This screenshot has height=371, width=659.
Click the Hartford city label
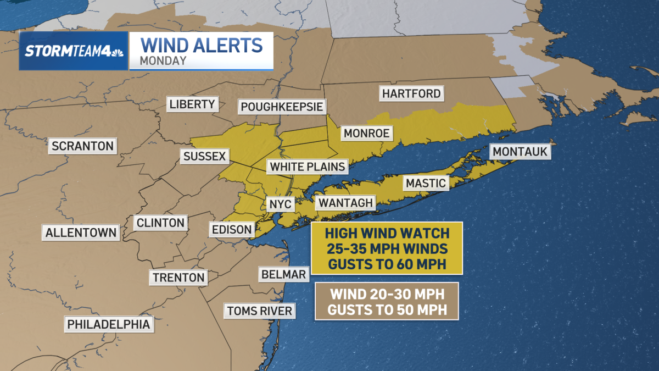[x=412, y=93]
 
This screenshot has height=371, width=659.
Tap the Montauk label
[x=521, y=152]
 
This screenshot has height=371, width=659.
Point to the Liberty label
[x=192, y=104]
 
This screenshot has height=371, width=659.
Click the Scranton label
[x=82, y=146]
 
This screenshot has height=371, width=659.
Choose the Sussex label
[x=204, y=157]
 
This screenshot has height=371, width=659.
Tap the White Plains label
[x=308, y=167]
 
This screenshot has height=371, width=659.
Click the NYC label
[x=280, y=204]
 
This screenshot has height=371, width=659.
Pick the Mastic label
[x=426, y=183]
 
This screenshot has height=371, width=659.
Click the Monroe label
[x=366, y=133]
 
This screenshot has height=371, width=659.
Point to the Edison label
[x=231, y=229]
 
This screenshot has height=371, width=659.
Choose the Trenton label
[x=178, y=278]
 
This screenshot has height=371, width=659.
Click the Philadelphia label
[x=108, y=324]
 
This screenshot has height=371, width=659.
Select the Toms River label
[x=260, y=311]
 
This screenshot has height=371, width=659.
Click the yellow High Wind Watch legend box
[x=387, y=248]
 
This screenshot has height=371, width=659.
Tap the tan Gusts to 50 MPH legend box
[x=387, y=301]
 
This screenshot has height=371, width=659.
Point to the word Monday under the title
[x=163, y=61]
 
